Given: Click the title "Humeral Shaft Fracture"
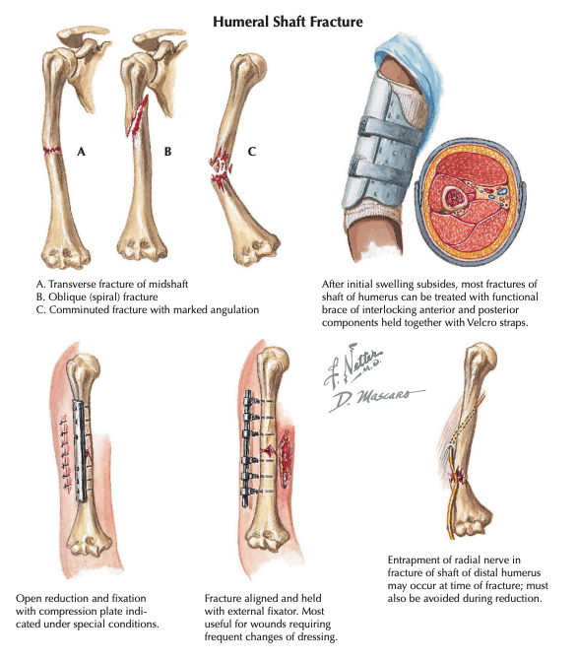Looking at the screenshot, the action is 288,22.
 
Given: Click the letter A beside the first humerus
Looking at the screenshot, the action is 81,151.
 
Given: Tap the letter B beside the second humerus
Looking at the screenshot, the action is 168,151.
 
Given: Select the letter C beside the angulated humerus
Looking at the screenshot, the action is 252,151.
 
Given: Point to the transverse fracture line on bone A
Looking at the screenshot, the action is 52,150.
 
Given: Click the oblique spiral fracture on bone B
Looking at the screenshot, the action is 138,116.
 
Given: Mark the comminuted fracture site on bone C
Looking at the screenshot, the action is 221,168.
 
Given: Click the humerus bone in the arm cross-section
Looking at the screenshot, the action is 453,197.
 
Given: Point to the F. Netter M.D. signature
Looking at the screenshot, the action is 353,364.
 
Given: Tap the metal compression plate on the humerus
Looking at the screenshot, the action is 80,450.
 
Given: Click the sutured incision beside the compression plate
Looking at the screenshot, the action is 65,452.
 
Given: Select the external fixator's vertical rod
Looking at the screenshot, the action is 247,448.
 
